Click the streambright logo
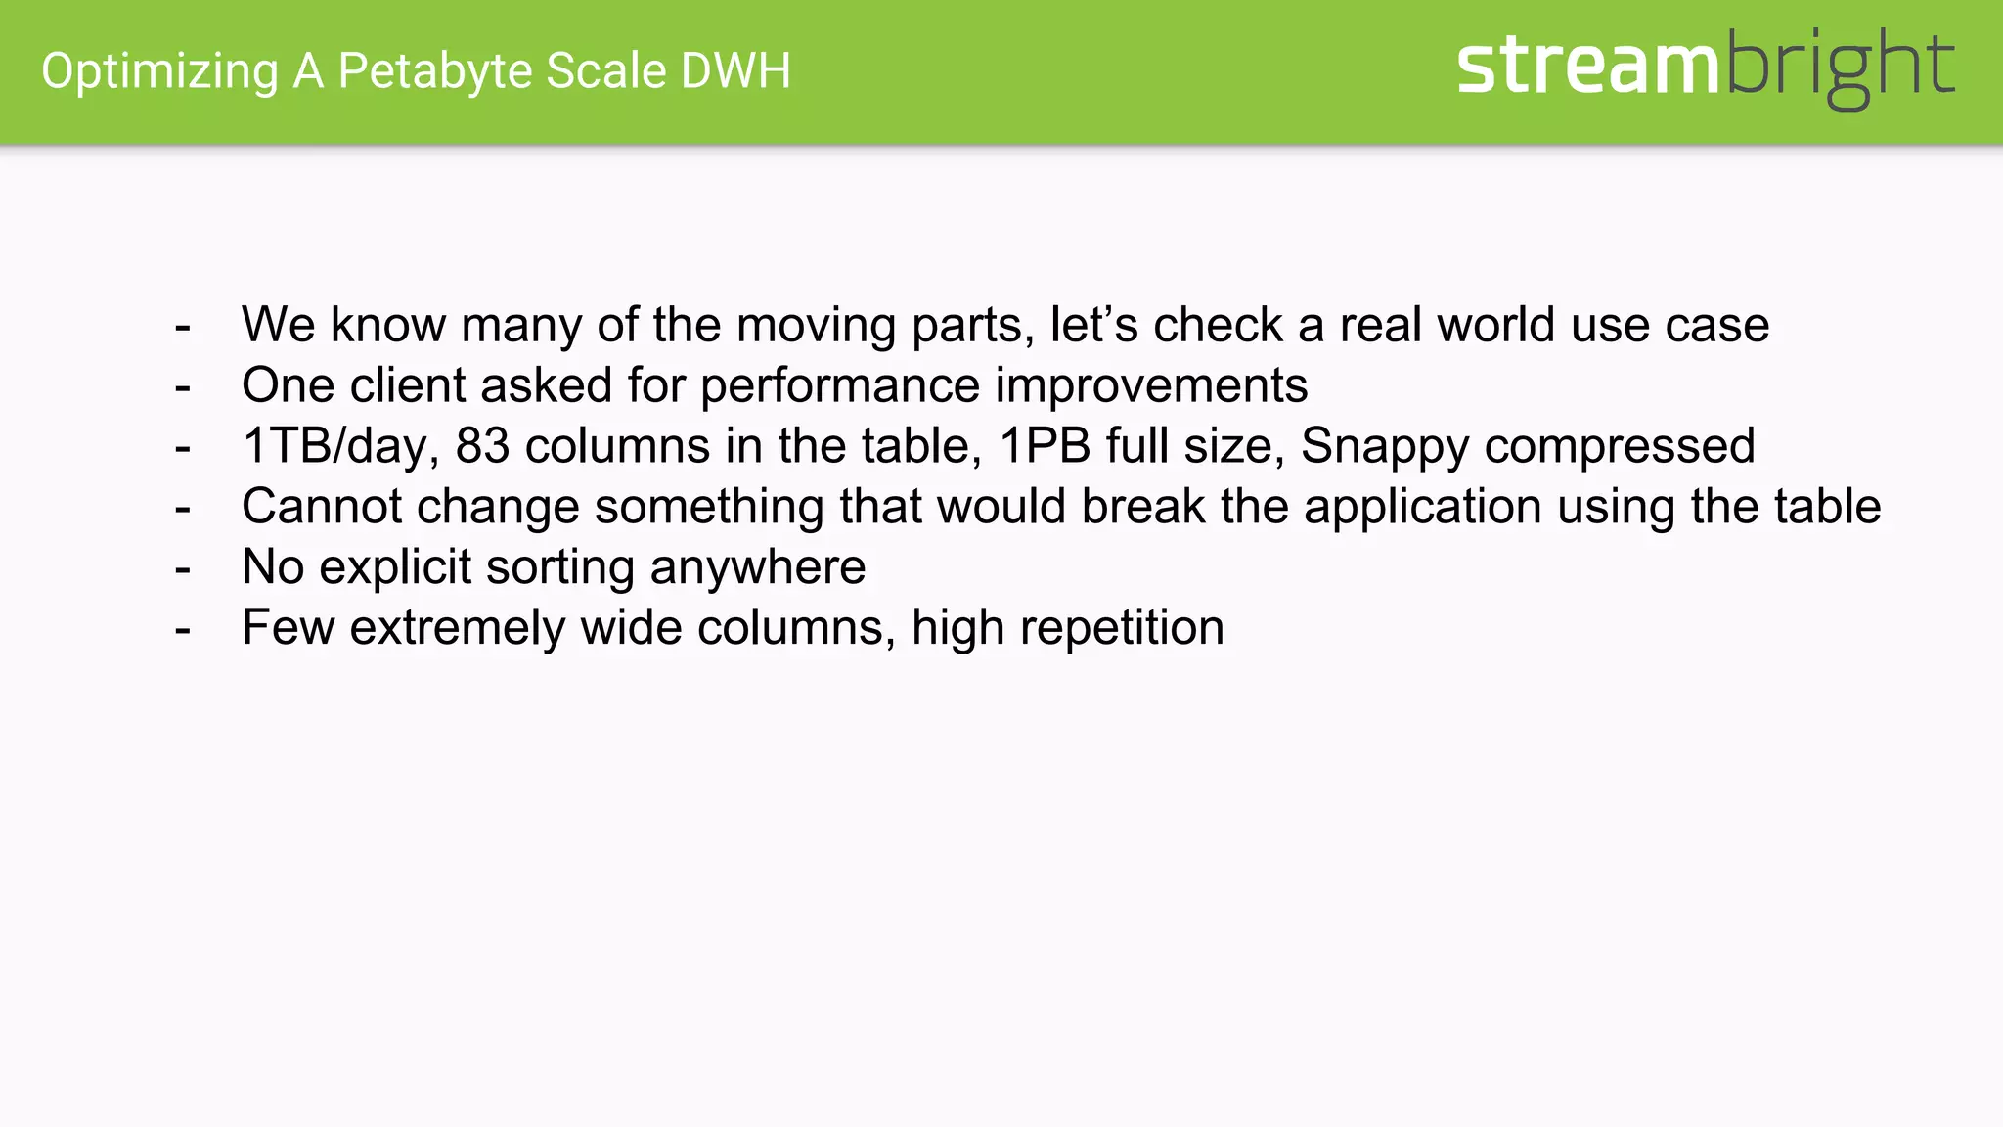[1705, 67]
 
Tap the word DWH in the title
[735, 70]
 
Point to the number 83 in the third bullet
[482, 446]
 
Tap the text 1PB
[1045, 446]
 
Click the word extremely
[457, 628]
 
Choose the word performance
[839, 386]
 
